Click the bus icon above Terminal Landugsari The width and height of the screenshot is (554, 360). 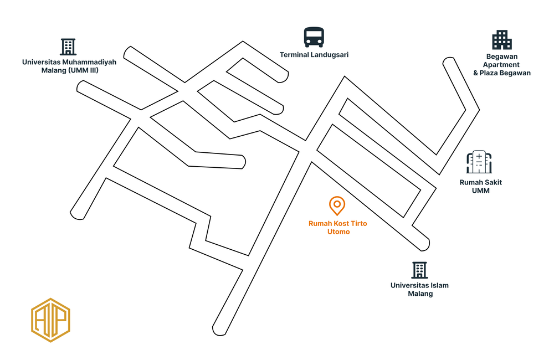click(x=314, y=37)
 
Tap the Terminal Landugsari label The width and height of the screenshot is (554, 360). click(x=314, y=55)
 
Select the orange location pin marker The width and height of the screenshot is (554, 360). click(x=336, y=206)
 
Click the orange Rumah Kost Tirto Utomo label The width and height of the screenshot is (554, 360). click(x=338, y=227)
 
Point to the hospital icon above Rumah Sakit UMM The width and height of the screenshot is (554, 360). click(x=479, y=162)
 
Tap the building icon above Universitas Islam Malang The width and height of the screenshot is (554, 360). click(x=419, y=270)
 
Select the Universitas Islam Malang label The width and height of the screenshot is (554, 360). click(x=419, y=290)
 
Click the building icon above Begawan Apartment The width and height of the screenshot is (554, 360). click(x=501, y=40)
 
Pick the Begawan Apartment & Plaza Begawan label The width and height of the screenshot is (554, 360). click(x=501, y=65)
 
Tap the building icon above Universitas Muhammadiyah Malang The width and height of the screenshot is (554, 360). click(x=68, y=47)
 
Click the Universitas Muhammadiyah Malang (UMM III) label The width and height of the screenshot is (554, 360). click(x=69, y=66)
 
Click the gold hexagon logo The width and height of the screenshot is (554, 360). click(x=51, y=320)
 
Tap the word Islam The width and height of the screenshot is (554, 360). click(x=438, y=286)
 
